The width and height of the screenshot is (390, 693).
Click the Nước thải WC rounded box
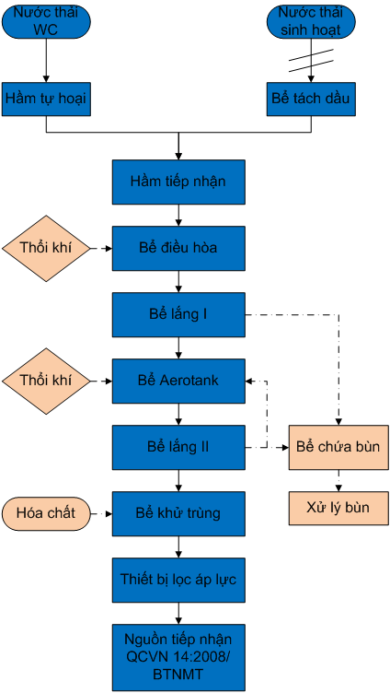tap(46, 22)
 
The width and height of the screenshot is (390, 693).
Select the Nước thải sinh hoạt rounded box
tap(311, 22)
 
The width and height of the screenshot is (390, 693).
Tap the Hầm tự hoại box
tap(46, 99)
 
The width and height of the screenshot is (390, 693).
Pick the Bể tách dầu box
tap(311, 99)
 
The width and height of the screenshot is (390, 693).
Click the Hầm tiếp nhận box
tap(178, 182)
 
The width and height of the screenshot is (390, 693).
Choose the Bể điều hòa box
tap(178, 248)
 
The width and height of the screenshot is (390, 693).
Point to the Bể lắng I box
tap(178, 314)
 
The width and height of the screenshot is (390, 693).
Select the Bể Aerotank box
tap(178, 381)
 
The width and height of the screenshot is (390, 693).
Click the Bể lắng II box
tap(178, 447)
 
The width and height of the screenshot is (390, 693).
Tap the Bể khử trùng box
tap(178, 513)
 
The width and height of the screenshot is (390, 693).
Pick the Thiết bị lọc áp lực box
tap(178, 580)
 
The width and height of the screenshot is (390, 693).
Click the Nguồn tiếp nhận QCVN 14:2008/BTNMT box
tap(178, 658)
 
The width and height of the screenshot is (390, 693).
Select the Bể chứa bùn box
tap(338, 447)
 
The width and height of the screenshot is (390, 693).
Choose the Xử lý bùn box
tap(338, 508)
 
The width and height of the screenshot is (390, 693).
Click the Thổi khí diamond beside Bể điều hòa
tap(46, 249)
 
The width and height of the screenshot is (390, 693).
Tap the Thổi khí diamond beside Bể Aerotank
tap(46, 381)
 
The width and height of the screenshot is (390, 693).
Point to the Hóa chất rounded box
tap(46, 513)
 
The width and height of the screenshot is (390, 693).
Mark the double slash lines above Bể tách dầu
tap(311, 61)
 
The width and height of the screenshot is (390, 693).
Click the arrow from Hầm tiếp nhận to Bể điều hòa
tap(178, 216)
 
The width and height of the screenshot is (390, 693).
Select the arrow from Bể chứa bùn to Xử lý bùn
tap(338, 480)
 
